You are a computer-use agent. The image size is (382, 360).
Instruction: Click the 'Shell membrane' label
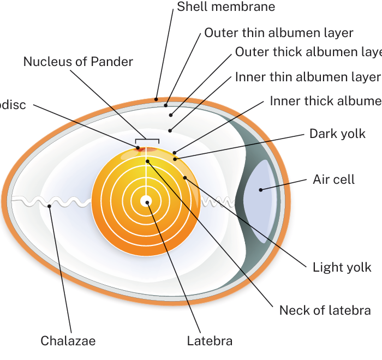pyautogui.click(x=226, y=7)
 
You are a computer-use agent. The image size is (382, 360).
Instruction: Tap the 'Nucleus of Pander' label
pyautogui.click(x=78, y=62)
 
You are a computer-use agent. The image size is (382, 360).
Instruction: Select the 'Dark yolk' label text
pyautogui.click(x=337, y=134)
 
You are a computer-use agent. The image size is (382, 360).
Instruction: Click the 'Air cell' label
pyautogui.click(x=333, y=179)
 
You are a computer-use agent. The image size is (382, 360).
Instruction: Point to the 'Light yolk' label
pyautogui.click(x=342, y=267)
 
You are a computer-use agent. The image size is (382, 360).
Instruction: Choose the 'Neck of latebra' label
pyautogui.click(x=325, y=310)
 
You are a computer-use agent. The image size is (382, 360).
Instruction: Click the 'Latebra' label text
pyautogui.click(x=210, y=341)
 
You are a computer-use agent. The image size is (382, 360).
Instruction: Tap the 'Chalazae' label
pyautogui.click(x=68, y=341)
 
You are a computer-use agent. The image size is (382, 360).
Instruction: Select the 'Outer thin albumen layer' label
pyautogui.click(x=279, y=33)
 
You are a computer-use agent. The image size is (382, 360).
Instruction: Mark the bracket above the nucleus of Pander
pyautogui.click(x=147, y=140)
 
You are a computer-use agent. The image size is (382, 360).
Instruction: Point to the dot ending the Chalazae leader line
pyautogui.click(x=50, y=206)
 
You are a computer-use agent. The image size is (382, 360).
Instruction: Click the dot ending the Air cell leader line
pyautogui.click(x=261, y=189)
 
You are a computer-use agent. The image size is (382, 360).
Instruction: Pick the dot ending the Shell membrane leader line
pyautogui.click(x=156, y=99)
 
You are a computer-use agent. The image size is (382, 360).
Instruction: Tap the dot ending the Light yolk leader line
pyautogui.click(x=185, y=177)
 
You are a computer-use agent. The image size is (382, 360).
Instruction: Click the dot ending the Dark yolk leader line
pyautogui.click(x=176, y=159)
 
